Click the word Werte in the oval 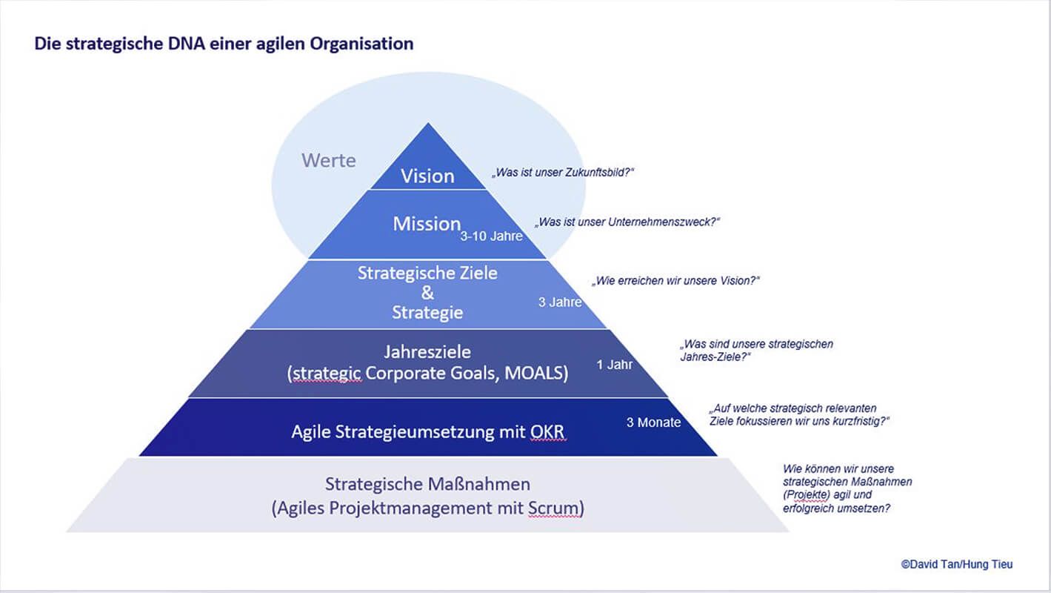tap(328, 161)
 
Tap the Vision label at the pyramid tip tap(427, 176)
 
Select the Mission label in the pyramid tap(427, 224)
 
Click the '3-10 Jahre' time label tap(491, 236)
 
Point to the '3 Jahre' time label tap(560, 302)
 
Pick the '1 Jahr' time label tap(614, 365)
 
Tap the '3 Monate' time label tap(653, 422)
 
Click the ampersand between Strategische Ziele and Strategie tap(427, 293)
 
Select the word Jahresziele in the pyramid tap(427, 352)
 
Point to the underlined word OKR tap(547, 432)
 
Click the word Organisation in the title tap(361, 44)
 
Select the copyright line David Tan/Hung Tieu tap(957, 564)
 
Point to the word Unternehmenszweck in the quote tap(661, 222)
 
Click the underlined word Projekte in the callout tap(807, 495)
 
